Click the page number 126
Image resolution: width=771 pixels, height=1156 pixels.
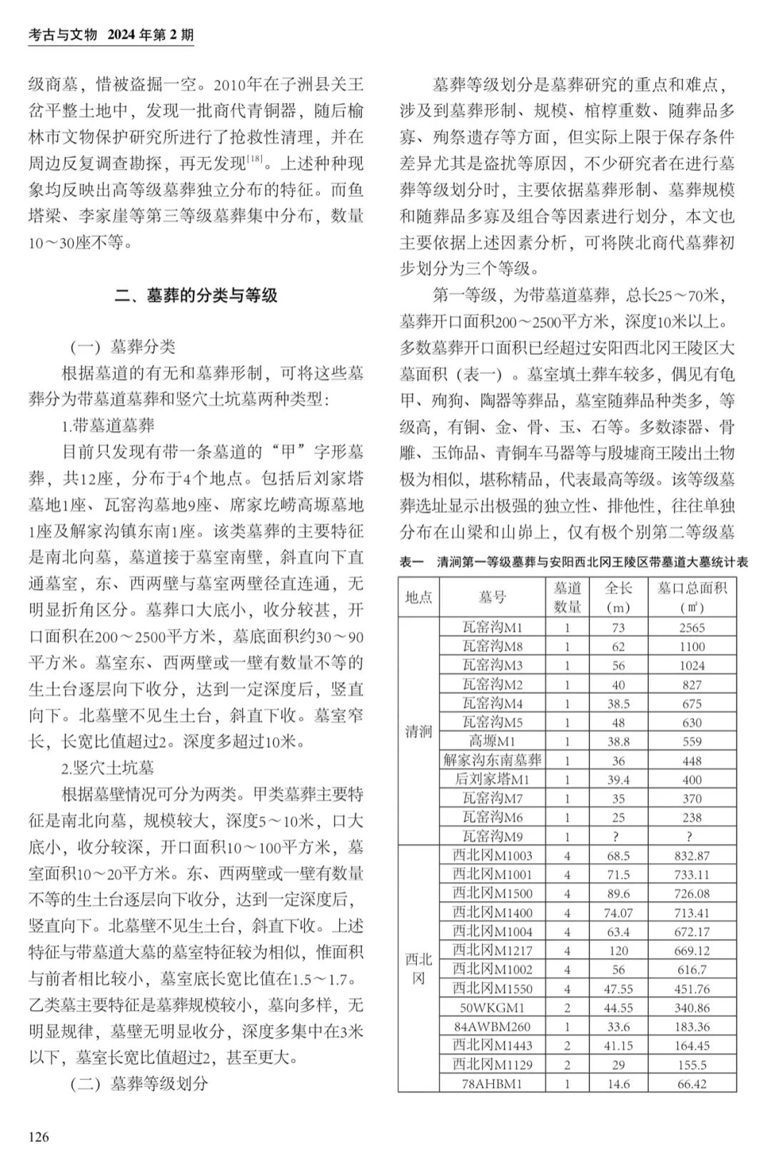click(39, 1136)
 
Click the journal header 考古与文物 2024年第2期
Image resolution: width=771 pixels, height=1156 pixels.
click(111, 34)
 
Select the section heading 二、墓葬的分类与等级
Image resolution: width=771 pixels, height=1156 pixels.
click(196, 296)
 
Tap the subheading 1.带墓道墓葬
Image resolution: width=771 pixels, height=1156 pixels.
click(108, 426)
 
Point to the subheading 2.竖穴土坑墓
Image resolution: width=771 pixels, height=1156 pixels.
click(108, 768)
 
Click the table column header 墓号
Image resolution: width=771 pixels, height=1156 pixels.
click(492, 597)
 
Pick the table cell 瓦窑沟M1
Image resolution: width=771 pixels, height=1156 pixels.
click(492, 628)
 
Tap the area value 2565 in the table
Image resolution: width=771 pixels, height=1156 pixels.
click(691, 628)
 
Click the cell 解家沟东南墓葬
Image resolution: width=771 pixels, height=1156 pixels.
click(492, 760)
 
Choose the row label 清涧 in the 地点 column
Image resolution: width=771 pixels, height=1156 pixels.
click(418, 732)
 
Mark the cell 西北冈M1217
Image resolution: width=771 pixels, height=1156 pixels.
click(492, 950)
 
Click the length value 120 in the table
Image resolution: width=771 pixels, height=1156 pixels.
click(618, 950)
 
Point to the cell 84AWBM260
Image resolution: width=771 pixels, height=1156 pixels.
click(492, 1027)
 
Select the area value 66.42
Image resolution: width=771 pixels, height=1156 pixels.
click(691, 1084)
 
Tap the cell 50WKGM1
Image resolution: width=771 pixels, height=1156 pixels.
click(492, 1007)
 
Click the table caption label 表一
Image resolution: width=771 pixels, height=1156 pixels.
click(412, 563)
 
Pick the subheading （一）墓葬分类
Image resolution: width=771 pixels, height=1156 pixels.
click(122, 347)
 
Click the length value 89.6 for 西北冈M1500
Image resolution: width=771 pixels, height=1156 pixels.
click(618, 893)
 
